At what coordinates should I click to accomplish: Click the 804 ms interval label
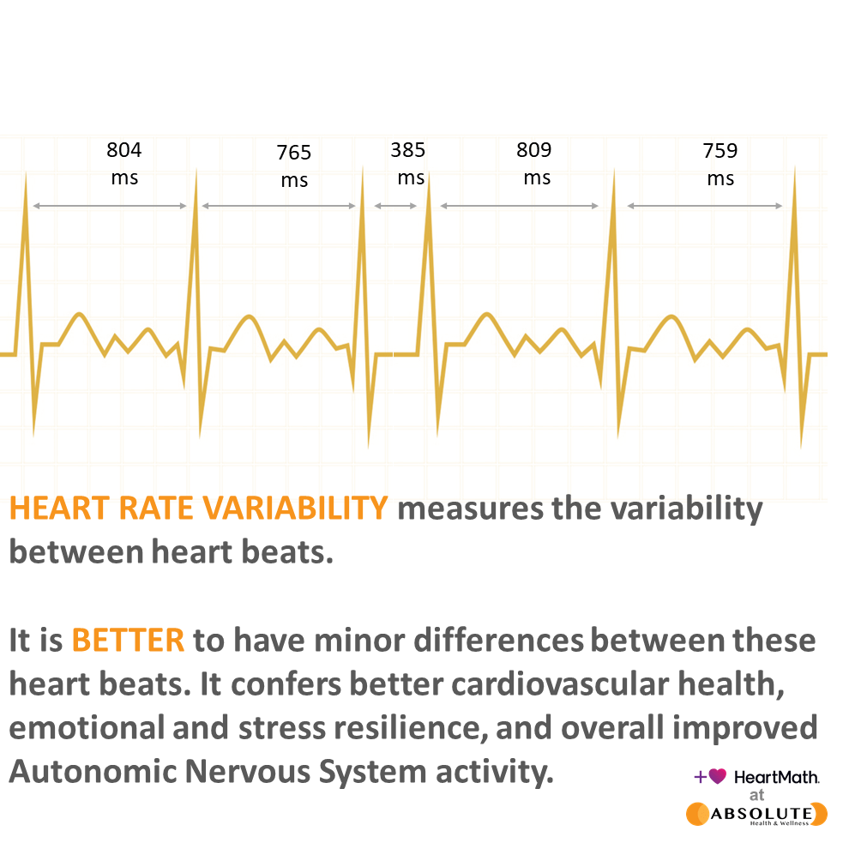(124, 164)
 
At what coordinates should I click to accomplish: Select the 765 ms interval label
(294, 166)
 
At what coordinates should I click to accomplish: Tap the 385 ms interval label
(409, 164)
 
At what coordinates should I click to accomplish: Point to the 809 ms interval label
(534, 164)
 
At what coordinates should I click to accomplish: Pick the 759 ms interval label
(720, 165)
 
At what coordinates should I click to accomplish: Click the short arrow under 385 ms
(395, 206)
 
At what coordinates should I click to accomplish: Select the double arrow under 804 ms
(109, 206)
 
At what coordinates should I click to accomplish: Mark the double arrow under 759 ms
(704, 206)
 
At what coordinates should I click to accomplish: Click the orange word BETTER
(128, 640)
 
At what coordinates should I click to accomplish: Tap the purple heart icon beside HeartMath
(718, 776)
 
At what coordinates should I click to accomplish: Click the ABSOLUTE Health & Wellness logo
(756, 814)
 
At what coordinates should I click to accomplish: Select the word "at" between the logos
(756, 794)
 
